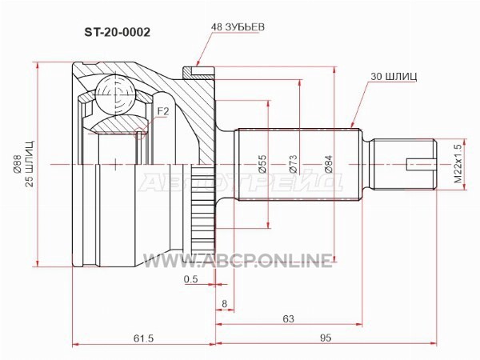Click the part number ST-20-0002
[118, 32]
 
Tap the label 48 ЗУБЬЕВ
[238, 27]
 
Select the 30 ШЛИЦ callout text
[394, 76]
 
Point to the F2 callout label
[163, 111]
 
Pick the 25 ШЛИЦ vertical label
[30, 164]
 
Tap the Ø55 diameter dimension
[262, 164]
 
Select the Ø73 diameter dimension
[293, 164]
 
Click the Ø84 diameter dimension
[329, 164]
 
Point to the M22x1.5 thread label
[458, 164]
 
